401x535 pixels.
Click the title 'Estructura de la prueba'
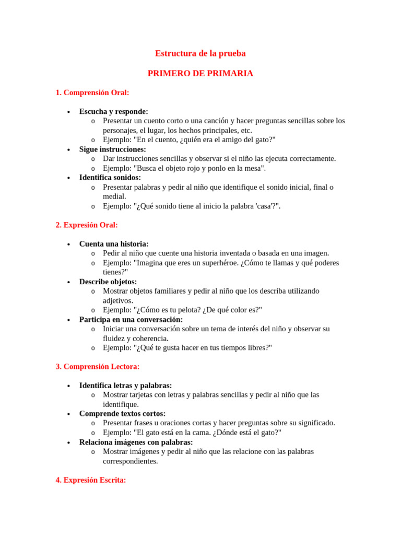point(200,53)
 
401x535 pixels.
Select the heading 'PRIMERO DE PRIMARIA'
point(200,74)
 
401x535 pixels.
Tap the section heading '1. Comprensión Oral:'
point(92,92)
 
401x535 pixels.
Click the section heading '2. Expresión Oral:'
point(87,225)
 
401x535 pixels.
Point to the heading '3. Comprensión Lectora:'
point(98,367)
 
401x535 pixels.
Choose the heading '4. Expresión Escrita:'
point(91,480)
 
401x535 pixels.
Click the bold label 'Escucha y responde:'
point(113,111)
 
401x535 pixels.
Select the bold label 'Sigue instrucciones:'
point(112,149)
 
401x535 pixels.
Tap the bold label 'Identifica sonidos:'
point(110,178)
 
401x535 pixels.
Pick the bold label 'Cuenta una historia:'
point(114,244)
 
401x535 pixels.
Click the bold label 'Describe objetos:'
point(108,282)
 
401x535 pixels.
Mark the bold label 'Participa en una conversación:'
point(131,319)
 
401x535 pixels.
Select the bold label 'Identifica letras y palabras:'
point(125,386)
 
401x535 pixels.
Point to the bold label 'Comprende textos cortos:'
point(122,414)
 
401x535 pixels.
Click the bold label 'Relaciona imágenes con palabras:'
point(136,442)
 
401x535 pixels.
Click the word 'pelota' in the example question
point(191,310)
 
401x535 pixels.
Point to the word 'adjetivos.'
point(118,300)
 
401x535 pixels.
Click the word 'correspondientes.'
point(131,461)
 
